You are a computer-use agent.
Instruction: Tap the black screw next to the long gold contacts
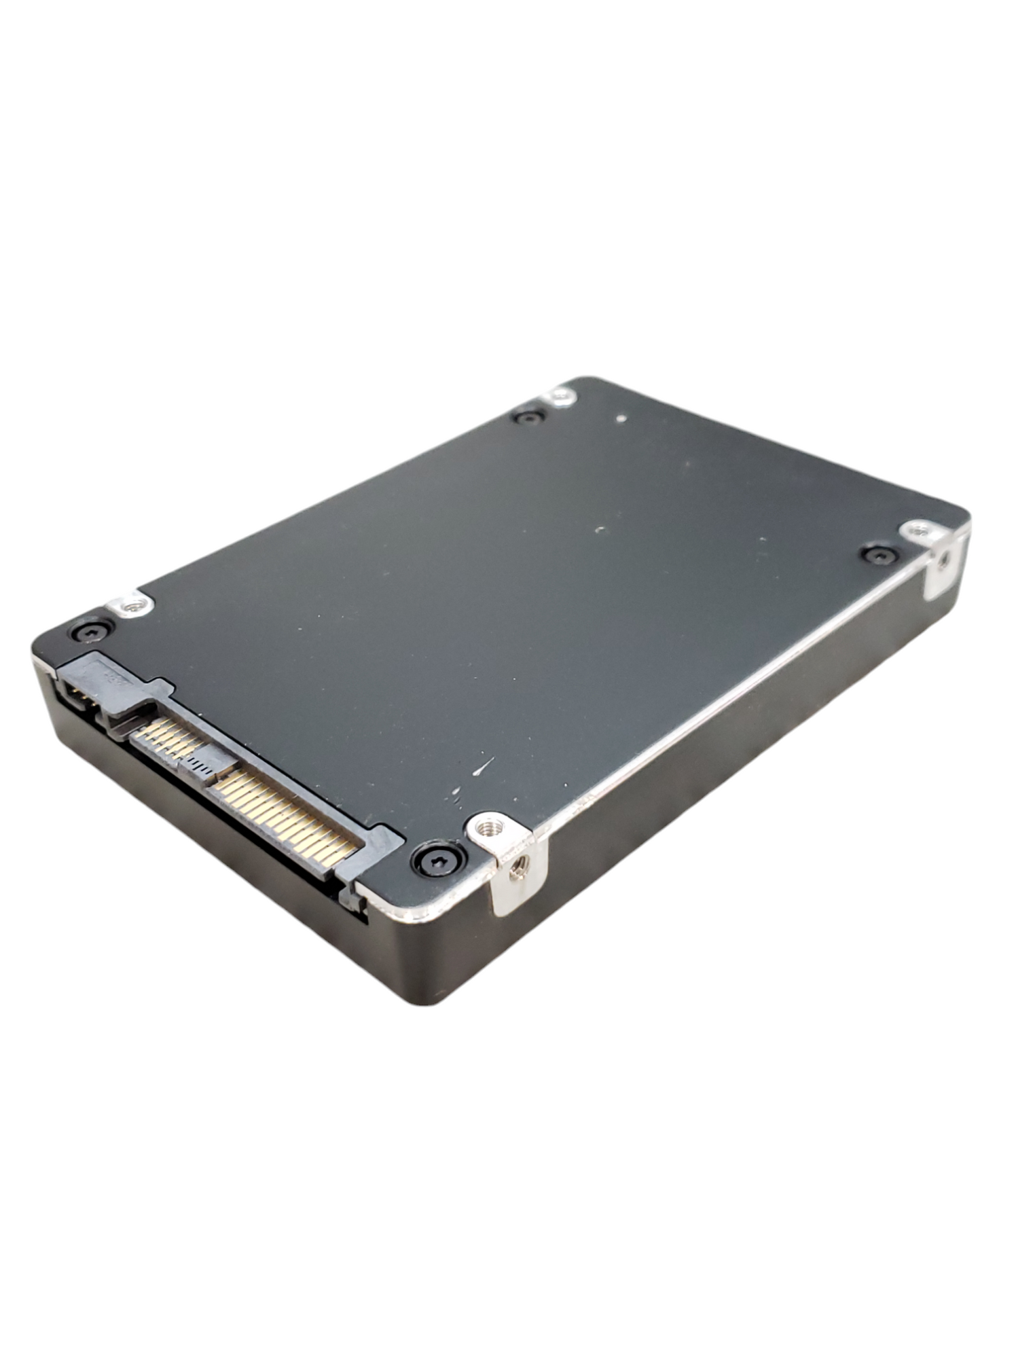click(x=439, y=859)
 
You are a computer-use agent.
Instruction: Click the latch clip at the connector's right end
click(x=353, y=895)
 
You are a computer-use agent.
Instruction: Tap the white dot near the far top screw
click(x=620, y=420)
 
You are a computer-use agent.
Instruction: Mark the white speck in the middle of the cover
click(x=599, y=530)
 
